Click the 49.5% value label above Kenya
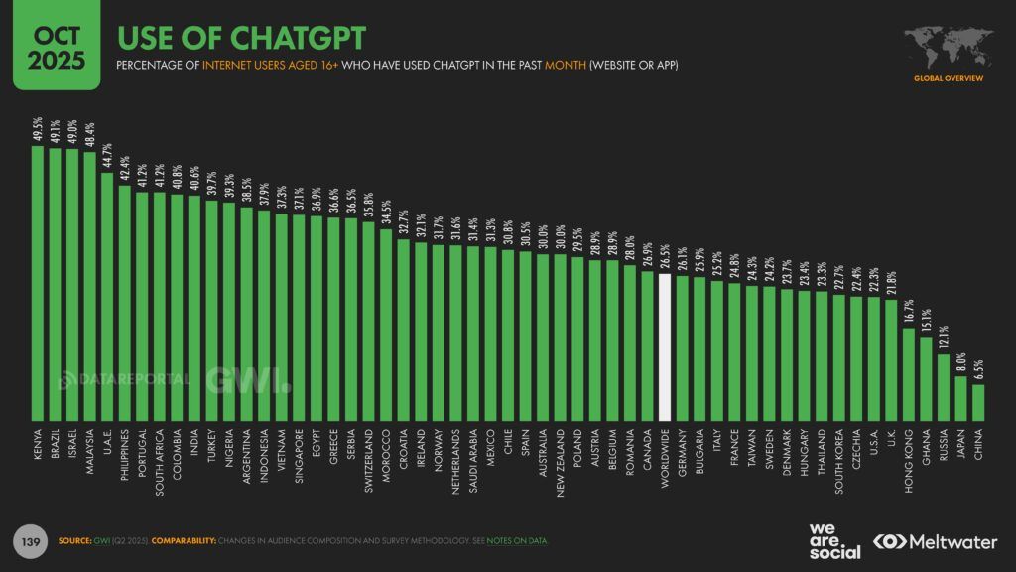[39, 130]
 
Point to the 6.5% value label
[978, 368]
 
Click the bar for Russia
[944, 386]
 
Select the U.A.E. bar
[108, 296]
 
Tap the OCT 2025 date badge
[49, 46]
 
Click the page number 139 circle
[30, 540]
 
